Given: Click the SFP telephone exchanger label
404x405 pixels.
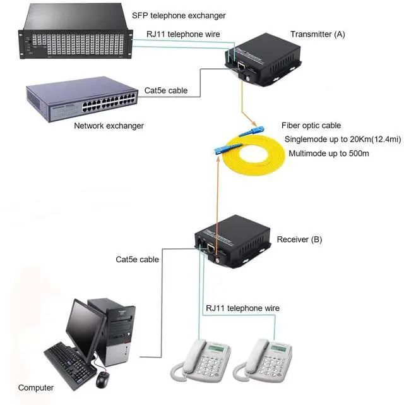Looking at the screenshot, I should click(179, 15).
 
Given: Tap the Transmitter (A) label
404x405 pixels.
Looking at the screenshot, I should click(318, 33).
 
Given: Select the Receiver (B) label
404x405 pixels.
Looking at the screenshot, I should click(299, 239).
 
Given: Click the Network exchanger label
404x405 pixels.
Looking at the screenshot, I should click(109, 126).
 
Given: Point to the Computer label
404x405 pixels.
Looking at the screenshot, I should click(36, 387).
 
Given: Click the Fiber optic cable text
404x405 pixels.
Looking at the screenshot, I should click(311, 126).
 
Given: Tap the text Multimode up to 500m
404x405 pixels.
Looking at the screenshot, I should click(328, 154).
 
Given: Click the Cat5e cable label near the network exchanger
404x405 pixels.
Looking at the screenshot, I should click(166, 91).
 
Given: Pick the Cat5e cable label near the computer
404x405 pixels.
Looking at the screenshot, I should click(138, 259).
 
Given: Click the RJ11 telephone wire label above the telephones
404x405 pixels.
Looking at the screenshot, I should click(242, 308).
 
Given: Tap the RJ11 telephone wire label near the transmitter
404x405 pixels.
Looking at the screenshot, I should click(183, 34).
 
